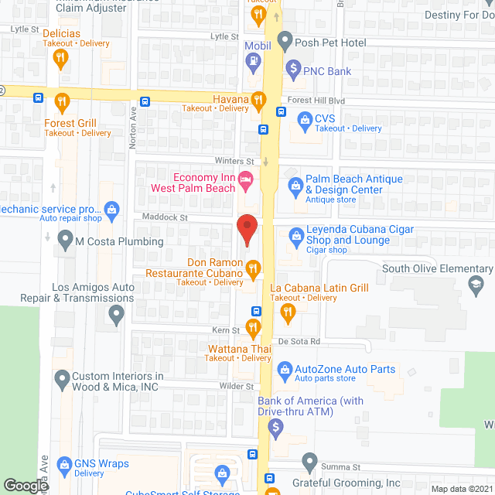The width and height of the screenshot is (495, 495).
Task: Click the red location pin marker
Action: click(246, 230)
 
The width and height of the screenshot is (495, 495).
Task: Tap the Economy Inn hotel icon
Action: click(246, 179)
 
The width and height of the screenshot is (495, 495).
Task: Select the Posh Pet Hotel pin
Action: click(284, 40)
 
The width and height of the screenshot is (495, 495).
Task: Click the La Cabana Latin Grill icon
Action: click(288, 312)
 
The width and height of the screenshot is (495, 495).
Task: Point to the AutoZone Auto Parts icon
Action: click(284, 371)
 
